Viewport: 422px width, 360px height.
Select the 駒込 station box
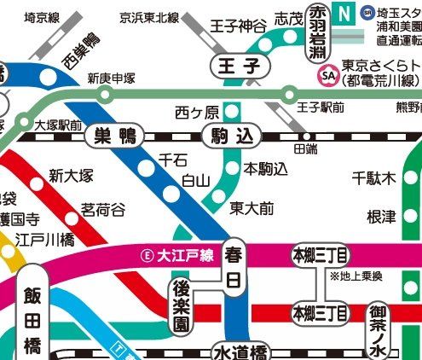(230, 134)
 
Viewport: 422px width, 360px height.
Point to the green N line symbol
(344, 14)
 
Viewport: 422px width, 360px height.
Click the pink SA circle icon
(327, 76)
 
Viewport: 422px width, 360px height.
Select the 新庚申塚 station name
(111, 78)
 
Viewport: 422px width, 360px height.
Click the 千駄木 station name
(375, 178)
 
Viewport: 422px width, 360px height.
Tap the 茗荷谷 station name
(103, 209)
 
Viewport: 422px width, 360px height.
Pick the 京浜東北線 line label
(150, 17)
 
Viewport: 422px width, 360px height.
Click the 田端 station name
(304, 148)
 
